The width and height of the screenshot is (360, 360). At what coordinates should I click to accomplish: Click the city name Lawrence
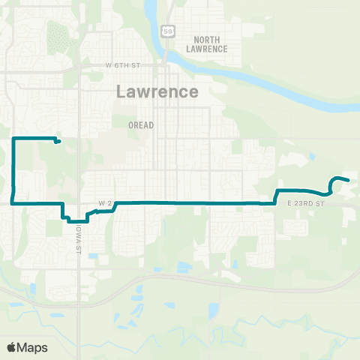(x=158, y=92)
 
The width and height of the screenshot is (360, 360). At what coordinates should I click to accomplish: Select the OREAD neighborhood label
(x=141, y=125)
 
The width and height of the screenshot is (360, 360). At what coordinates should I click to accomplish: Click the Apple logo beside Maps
(x=13, y=347)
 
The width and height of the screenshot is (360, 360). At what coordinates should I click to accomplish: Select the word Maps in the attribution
(x=32, y=347)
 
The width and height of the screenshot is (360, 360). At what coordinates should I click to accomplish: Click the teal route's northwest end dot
(x=58, y=141)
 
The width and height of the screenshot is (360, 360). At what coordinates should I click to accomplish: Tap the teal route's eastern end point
(x=348, y=180)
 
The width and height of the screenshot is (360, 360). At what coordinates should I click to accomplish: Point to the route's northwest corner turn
(x=14, y=139)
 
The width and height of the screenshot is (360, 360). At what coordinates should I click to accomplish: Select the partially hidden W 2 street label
(x=104, y=203)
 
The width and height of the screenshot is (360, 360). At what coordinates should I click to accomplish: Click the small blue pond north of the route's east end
(x=311, y=156)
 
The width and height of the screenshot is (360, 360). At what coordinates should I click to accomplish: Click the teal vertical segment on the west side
(x=14, y=169)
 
